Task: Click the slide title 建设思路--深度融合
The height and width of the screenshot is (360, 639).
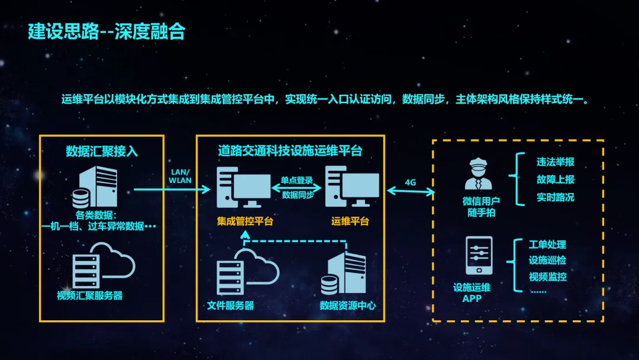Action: click(x=106, y=32)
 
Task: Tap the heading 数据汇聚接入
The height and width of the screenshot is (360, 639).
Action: click(x=102, y=151)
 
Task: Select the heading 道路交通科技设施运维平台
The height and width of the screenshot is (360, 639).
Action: click(x=289, y=151)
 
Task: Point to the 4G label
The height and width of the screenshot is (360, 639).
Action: click(x=411, y=182)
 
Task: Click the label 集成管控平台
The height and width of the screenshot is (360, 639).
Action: click(x=245, y=221)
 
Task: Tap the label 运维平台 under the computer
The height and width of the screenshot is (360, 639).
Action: click(x=350, y=221)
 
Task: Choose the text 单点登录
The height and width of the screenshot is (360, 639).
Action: click(x=296, y=180)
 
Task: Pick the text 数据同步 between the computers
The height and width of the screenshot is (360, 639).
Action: click(x=296, y=194)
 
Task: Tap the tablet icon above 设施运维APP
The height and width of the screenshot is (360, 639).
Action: click(x=479, y=256)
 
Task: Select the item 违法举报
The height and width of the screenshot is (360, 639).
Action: click(x=556, y=162)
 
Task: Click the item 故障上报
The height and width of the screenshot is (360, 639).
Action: click(x=556, y=179)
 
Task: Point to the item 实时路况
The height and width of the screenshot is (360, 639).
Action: click(x=556, y=197)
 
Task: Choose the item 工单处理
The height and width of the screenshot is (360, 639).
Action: click(x=547, y=245)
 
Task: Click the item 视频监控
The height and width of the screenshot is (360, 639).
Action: click(x=547, y=276)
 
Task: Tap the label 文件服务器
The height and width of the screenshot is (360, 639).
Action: click(x=231, y=306)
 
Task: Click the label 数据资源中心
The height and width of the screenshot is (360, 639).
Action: click(x=347, y=306)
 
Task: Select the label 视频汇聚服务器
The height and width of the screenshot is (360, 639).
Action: click(x=90, y=295)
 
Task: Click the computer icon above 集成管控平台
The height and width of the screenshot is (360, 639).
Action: click(x=243, y=187)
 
